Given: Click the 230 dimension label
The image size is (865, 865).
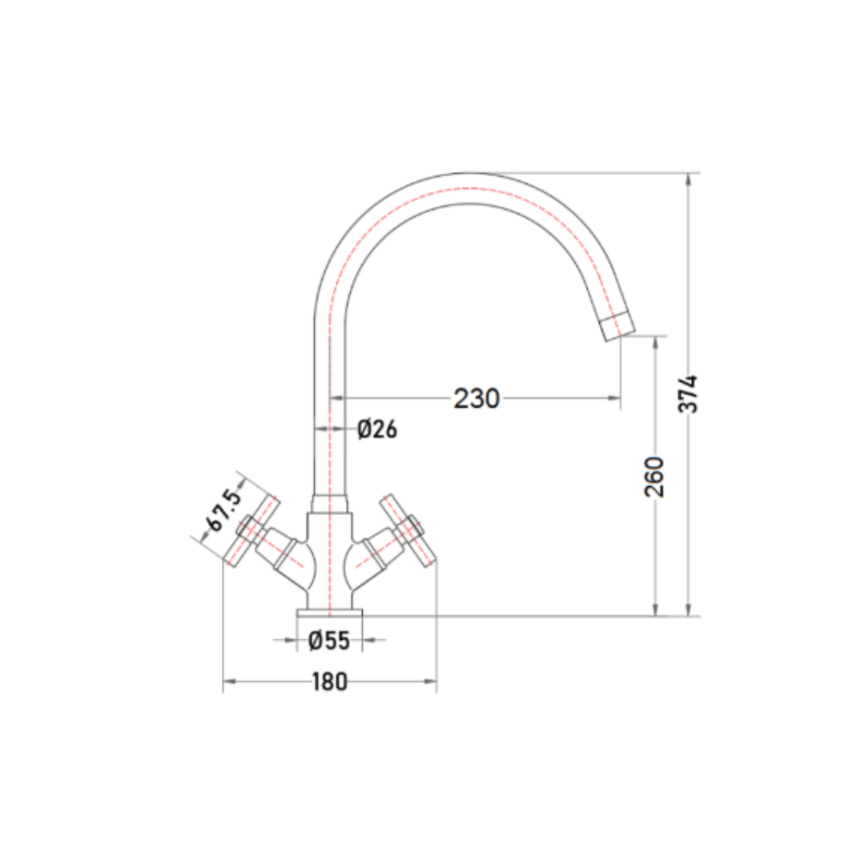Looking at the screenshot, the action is [x=477, y=398].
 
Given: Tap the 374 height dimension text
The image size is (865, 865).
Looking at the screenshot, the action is [x=688, y=393].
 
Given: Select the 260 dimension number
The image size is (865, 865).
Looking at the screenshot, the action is [x=655, y=477].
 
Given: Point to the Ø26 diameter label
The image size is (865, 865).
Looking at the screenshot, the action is [x=377, y=428].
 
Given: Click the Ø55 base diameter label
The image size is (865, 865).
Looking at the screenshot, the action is [x=329, y=641].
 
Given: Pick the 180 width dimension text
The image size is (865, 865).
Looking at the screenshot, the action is [x=330, y=682].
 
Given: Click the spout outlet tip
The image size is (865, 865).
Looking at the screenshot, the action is [x=618, y=325].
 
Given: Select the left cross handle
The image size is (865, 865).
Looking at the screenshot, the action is [x=253, y=529].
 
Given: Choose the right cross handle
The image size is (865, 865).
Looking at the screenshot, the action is [x=408, y=529].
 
